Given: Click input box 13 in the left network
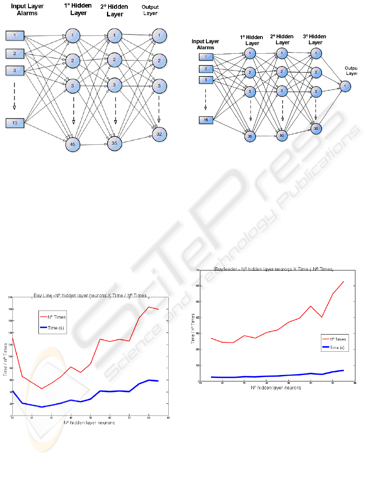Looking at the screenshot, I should click(x=15, y=123).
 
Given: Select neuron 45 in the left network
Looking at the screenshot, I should click(x=73, y=144).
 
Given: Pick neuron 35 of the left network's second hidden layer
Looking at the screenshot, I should click(x=114, y=142).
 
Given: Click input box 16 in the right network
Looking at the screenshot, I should click(x=206, y=119).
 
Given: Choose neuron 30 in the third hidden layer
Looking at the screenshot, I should click(x=316, y=128).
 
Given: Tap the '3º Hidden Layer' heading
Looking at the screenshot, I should click(x=315, y=40).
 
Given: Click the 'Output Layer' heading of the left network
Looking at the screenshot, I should click(x=151, y=10).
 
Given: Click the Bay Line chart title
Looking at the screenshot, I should click(x=90, y=295).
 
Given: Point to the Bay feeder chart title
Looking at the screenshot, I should click(x=274, y=269).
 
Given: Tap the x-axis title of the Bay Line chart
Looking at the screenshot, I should click(x=89, y=423).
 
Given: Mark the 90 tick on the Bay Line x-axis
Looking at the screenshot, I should click(x=168, y=418).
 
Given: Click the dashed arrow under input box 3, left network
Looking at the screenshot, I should click(x=14, y=95).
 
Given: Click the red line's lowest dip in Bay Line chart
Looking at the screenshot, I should click(x=42, y=388).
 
